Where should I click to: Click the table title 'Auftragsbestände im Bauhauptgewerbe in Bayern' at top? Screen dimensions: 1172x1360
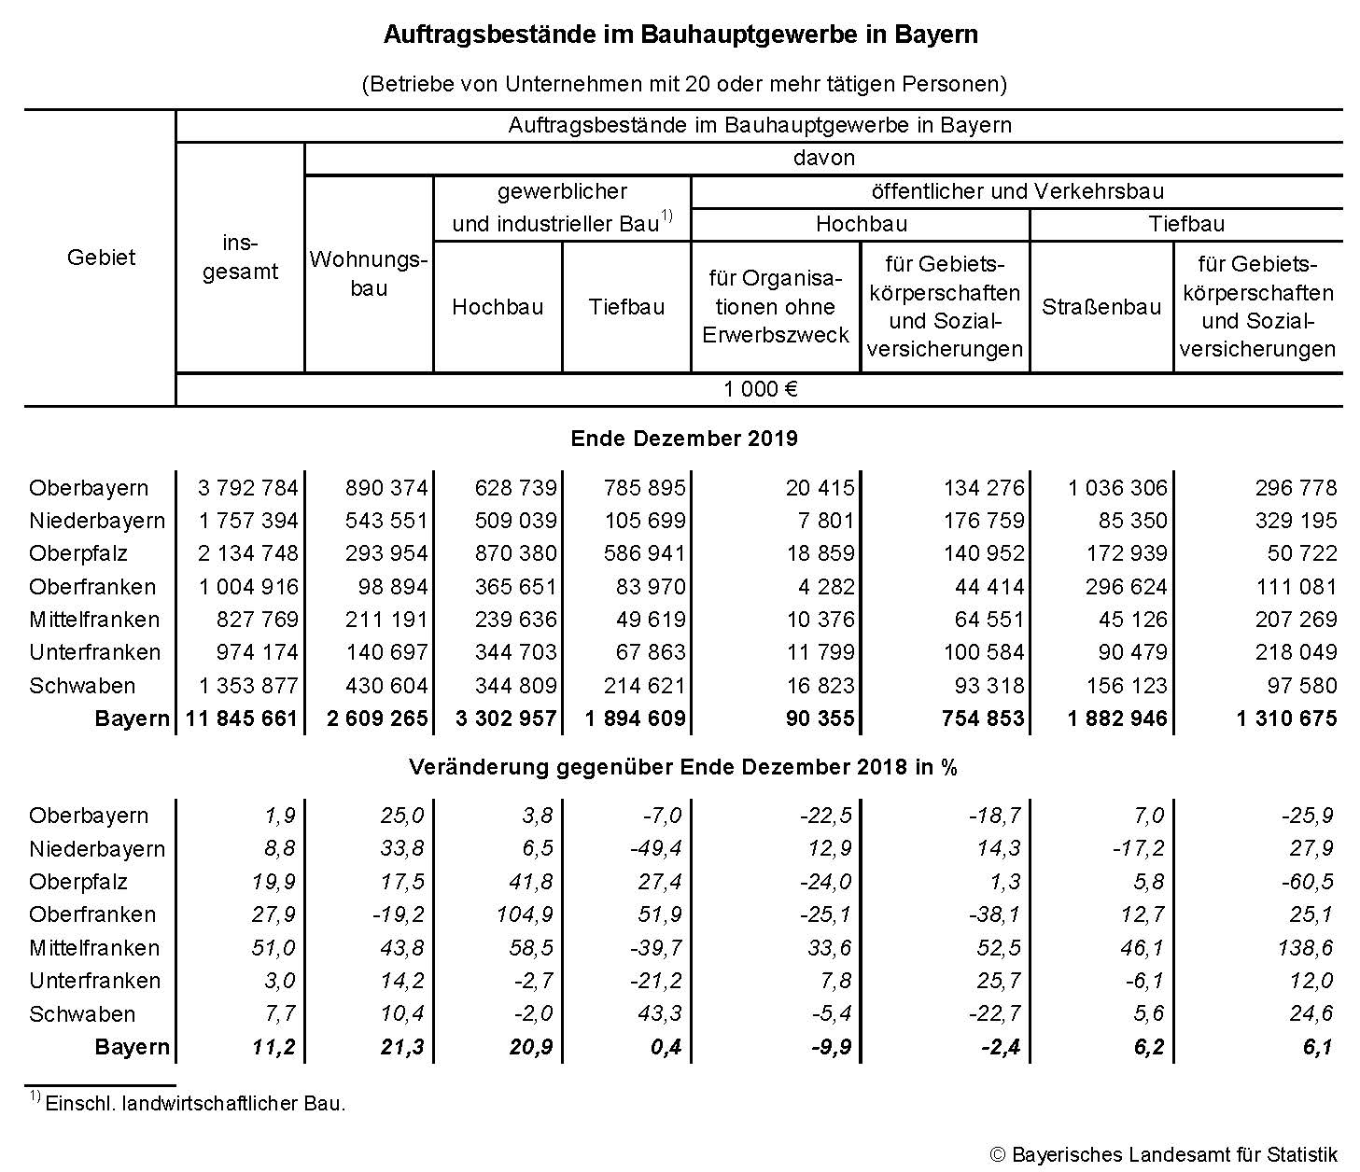(x=680, y=35)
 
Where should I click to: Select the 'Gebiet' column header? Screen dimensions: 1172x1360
(x=101, y=258)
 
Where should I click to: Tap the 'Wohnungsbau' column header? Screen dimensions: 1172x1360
(x=369, y=273)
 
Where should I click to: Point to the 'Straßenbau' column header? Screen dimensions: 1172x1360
(x=1101, y=307)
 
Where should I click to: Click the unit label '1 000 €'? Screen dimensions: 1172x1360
(x=760, y=389)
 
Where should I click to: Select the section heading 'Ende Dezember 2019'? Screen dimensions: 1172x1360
(x=683, y=438)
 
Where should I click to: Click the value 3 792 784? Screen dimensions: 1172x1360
(x=248, y=488)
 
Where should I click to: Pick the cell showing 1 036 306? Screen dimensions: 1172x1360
(x=1117, y=488)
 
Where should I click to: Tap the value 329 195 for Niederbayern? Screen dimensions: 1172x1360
(x=1296, y=521)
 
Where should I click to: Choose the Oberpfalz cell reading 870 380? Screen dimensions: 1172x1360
(x=514, y=553)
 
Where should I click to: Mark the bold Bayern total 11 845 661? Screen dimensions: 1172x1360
(x=241, y=719)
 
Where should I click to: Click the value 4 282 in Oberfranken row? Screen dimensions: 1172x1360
(x=820, y=587)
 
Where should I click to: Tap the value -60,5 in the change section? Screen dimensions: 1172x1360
(x=1307, y=882)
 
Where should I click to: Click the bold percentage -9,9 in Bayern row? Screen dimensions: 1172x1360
(x=826, y=1047)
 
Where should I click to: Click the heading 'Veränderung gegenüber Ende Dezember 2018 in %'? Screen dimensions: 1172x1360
(x=683, y=767)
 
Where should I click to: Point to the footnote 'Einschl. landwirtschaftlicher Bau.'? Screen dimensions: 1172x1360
(x=195, y=1103)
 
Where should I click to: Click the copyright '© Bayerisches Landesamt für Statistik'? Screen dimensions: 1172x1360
(x=1163, y=1154)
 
